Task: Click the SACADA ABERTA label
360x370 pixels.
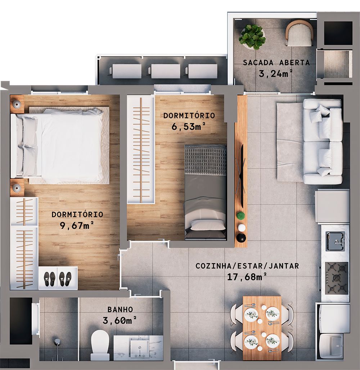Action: [276, 63]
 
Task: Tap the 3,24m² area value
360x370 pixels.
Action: [275, 74]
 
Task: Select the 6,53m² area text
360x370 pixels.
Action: [189, 127]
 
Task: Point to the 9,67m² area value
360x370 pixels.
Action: [77, 225]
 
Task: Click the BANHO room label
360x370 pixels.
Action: [120, 310]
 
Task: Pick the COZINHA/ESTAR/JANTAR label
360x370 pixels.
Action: [247, 266]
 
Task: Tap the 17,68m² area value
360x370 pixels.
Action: [247, 277]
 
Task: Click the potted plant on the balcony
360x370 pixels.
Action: [252, 37]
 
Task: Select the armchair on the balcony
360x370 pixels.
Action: [299, 33]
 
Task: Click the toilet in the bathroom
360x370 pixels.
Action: [100, 346]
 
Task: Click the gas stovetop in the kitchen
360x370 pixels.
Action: [337, 278]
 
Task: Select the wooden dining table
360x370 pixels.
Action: [262, 328]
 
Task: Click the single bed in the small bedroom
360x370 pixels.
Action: [205, 192]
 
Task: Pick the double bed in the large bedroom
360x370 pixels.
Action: [61, 146]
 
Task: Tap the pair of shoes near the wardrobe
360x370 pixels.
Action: [58, 278]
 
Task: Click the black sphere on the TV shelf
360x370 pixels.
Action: [241, 238]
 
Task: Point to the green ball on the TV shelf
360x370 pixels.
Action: [240, 216]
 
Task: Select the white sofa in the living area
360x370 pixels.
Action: [322, 141]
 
